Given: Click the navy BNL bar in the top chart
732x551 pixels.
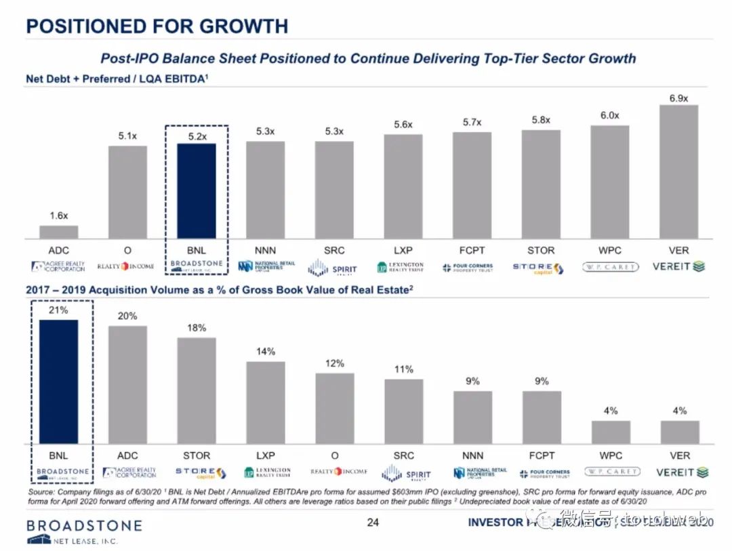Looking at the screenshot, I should (196, 190).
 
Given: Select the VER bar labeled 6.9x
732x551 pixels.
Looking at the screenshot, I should (679, 171).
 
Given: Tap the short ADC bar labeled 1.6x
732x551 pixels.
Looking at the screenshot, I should (58, 232).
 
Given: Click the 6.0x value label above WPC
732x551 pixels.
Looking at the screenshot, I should (609, 116).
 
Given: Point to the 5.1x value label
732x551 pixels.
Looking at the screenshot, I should (127, 136).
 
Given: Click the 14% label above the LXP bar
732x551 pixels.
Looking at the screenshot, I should (266, 352).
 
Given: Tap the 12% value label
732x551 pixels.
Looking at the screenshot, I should (334, 363).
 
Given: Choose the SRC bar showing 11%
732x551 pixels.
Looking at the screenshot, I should (403, 411).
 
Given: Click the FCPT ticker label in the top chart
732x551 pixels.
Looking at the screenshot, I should (472, 251).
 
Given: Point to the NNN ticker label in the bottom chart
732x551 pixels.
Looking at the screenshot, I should (472, 455).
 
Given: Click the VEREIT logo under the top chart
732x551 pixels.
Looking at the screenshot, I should (678, 266).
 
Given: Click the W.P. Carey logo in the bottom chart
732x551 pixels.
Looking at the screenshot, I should (611, 472).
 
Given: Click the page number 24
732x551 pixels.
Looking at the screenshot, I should (372, 523).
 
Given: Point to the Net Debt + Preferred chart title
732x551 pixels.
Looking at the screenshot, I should (116, 79).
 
